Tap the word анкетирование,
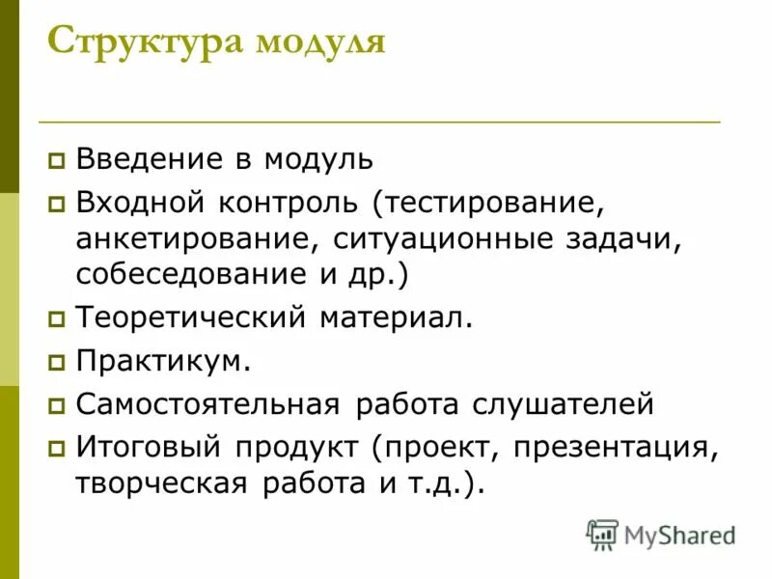point(197,238)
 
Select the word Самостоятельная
point(207,403)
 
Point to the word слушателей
point(563,403)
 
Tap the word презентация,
point(617,449)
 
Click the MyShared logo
point(661,534)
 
